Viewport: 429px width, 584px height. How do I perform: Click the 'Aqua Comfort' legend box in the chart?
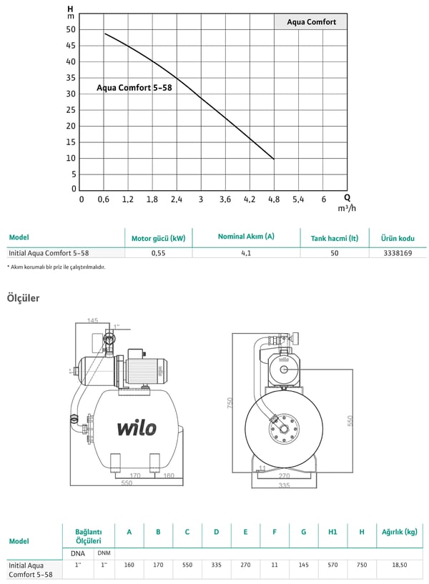pyautogui.click(x=310, y=22)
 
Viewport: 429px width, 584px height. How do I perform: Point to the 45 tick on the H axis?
pyautogui.click(x=71, y=46)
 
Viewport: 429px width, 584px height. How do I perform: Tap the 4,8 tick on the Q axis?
pyautogui.click(x=274, y=199)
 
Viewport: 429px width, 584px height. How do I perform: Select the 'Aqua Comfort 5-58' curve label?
pyautogui.click(x=134, y=87)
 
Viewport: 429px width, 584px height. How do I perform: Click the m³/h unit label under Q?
pyautogui.click(x=347, y=208)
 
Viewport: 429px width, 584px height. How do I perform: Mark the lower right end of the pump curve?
pyautogui.click(x=274, y=159)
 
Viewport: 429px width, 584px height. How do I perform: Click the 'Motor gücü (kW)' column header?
pyautogui.click(x=158, y=238)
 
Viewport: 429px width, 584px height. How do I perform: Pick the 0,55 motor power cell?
pyautogui.click(x=158, y=253)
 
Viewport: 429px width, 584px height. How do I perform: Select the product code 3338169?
pyautogui.click(x=398, y=253)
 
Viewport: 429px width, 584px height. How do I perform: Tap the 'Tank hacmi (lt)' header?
pyautogui.click(x=335, y=238)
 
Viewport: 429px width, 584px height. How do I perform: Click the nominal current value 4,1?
pyautogui.click(x=246, y=253)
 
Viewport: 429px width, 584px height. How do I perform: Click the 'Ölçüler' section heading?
pyautogui.click(x=23, y=298)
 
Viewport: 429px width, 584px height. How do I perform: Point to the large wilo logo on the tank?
pyautogui.click(x=137, y=428)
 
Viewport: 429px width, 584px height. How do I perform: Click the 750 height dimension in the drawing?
pyautogui.click(x=230, y=402)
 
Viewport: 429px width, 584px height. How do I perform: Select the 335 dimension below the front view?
pyautogui.click(x=284, y=485)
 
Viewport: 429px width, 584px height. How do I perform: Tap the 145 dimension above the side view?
pyautogui.click(x=93, y=320)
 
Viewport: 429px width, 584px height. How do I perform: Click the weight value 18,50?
pyautogui.click(x=399, y=565)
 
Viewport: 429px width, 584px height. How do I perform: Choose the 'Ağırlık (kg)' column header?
pyautogui.click(x=399, y=532)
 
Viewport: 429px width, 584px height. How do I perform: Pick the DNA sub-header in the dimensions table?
pyautogui.click(x=78, y=553)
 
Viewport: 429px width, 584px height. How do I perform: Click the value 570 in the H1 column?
pyautogui.click(x=332, y=565)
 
